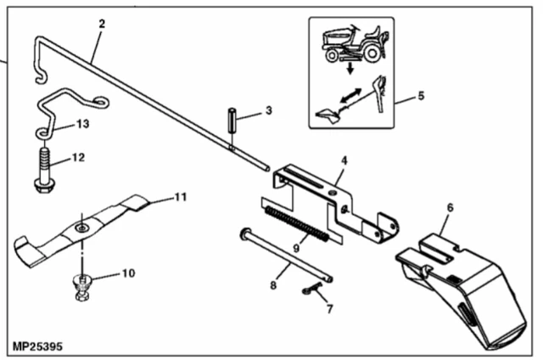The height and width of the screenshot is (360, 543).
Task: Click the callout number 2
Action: (102, 24)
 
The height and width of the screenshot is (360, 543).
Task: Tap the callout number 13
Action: (82, 124)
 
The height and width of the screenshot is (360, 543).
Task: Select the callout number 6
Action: (450, 208)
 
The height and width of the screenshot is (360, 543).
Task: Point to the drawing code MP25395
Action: (37, 346)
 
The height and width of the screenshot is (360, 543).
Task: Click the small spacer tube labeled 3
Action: (232, 120)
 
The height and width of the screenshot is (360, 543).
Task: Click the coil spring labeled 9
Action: (297, 224)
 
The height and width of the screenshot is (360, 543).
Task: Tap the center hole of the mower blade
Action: (81, 228)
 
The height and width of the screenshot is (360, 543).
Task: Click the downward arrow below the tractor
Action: (350, 68)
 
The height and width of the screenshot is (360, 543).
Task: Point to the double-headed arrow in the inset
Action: (350, 96)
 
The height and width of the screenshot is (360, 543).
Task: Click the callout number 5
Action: (421, 96)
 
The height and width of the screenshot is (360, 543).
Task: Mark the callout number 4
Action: (344, 160)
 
